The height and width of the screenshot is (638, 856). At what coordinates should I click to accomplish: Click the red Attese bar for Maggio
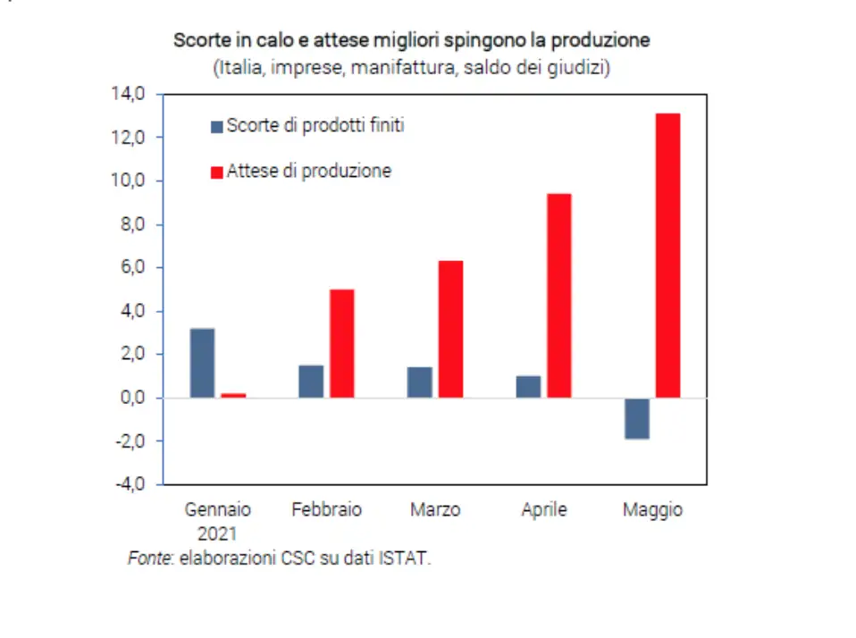coord(667,256)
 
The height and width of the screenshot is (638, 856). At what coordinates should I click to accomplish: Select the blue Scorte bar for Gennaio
coord(202,363)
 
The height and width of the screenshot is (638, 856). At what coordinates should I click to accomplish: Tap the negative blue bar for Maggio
coord(637,418)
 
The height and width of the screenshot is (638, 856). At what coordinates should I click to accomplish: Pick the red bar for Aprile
coord(559,296)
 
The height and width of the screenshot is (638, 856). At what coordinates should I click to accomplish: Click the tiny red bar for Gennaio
coord(233,395)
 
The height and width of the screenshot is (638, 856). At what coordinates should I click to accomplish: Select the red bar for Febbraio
coord(342,343)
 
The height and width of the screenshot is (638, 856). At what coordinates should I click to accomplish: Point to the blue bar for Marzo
coord(420,382)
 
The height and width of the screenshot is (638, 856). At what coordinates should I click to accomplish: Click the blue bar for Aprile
coord(528,387)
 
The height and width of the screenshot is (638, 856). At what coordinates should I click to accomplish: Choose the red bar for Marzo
coord(450,329)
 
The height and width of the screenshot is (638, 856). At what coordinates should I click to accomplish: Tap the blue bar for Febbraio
coord(311,382)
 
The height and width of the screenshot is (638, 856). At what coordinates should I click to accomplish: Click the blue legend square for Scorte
coord(216,127)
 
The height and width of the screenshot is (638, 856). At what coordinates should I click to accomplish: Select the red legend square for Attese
coord(216,172)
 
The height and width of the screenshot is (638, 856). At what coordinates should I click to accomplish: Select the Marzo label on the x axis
coord(435,510)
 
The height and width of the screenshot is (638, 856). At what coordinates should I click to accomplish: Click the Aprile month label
coord(544,510)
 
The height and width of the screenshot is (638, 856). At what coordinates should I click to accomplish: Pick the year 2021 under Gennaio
coord(217,533)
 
